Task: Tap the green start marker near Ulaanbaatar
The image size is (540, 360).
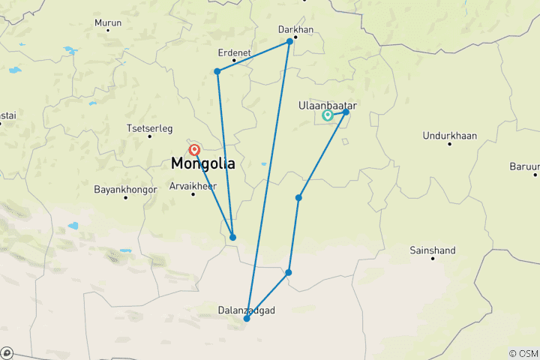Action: coord(328,115)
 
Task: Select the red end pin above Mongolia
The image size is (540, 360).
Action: coord(195,150)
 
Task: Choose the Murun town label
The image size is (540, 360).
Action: coord(108,23)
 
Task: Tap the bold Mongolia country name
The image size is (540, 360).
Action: coord(203,163)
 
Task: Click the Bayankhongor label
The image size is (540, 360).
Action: coord(125,190)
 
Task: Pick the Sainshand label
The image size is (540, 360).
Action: coord(433,250)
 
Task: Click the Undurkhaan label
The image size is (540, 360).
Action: coord(450,136)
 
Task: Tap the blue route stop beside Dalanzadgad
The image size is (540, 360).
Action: coord(247,319)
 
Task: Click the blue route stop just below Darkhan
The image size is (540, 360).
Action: coord(289,41)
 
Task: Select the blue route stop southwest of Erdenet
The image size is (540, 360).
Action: coord(217,71)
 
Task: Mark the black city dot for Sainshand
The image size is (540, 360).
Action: coord(433,259)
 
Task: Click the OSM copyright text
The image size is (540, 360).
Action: coord(523,353)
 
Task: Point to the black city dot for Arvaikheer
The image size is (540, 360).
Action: coord(193,193)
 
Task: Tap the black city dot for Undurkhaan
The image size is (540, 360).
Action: coord(450,145)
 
